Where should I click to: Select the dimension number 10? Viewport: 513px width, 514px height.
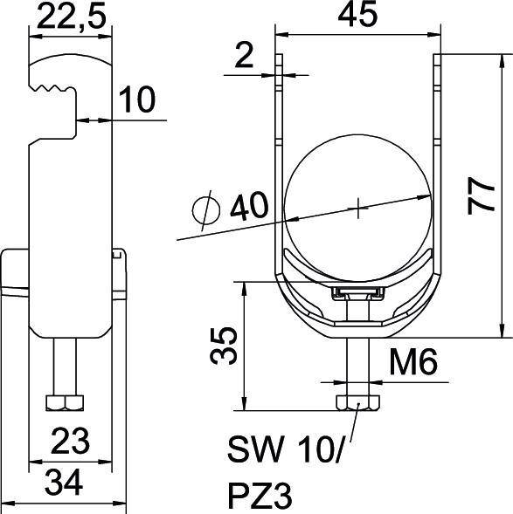(x=136, y=100)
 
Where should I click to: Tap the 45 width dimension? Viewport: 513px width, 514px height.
(x=357, y=17)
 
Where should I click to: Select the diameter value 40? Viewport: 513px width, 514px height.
(x=247, y=208)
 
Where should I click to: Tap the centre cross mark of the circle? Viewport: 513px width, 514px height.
(x=358, y=208)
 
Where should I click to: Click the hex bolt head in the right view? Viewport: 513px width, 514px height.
(x=357, y=402)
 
